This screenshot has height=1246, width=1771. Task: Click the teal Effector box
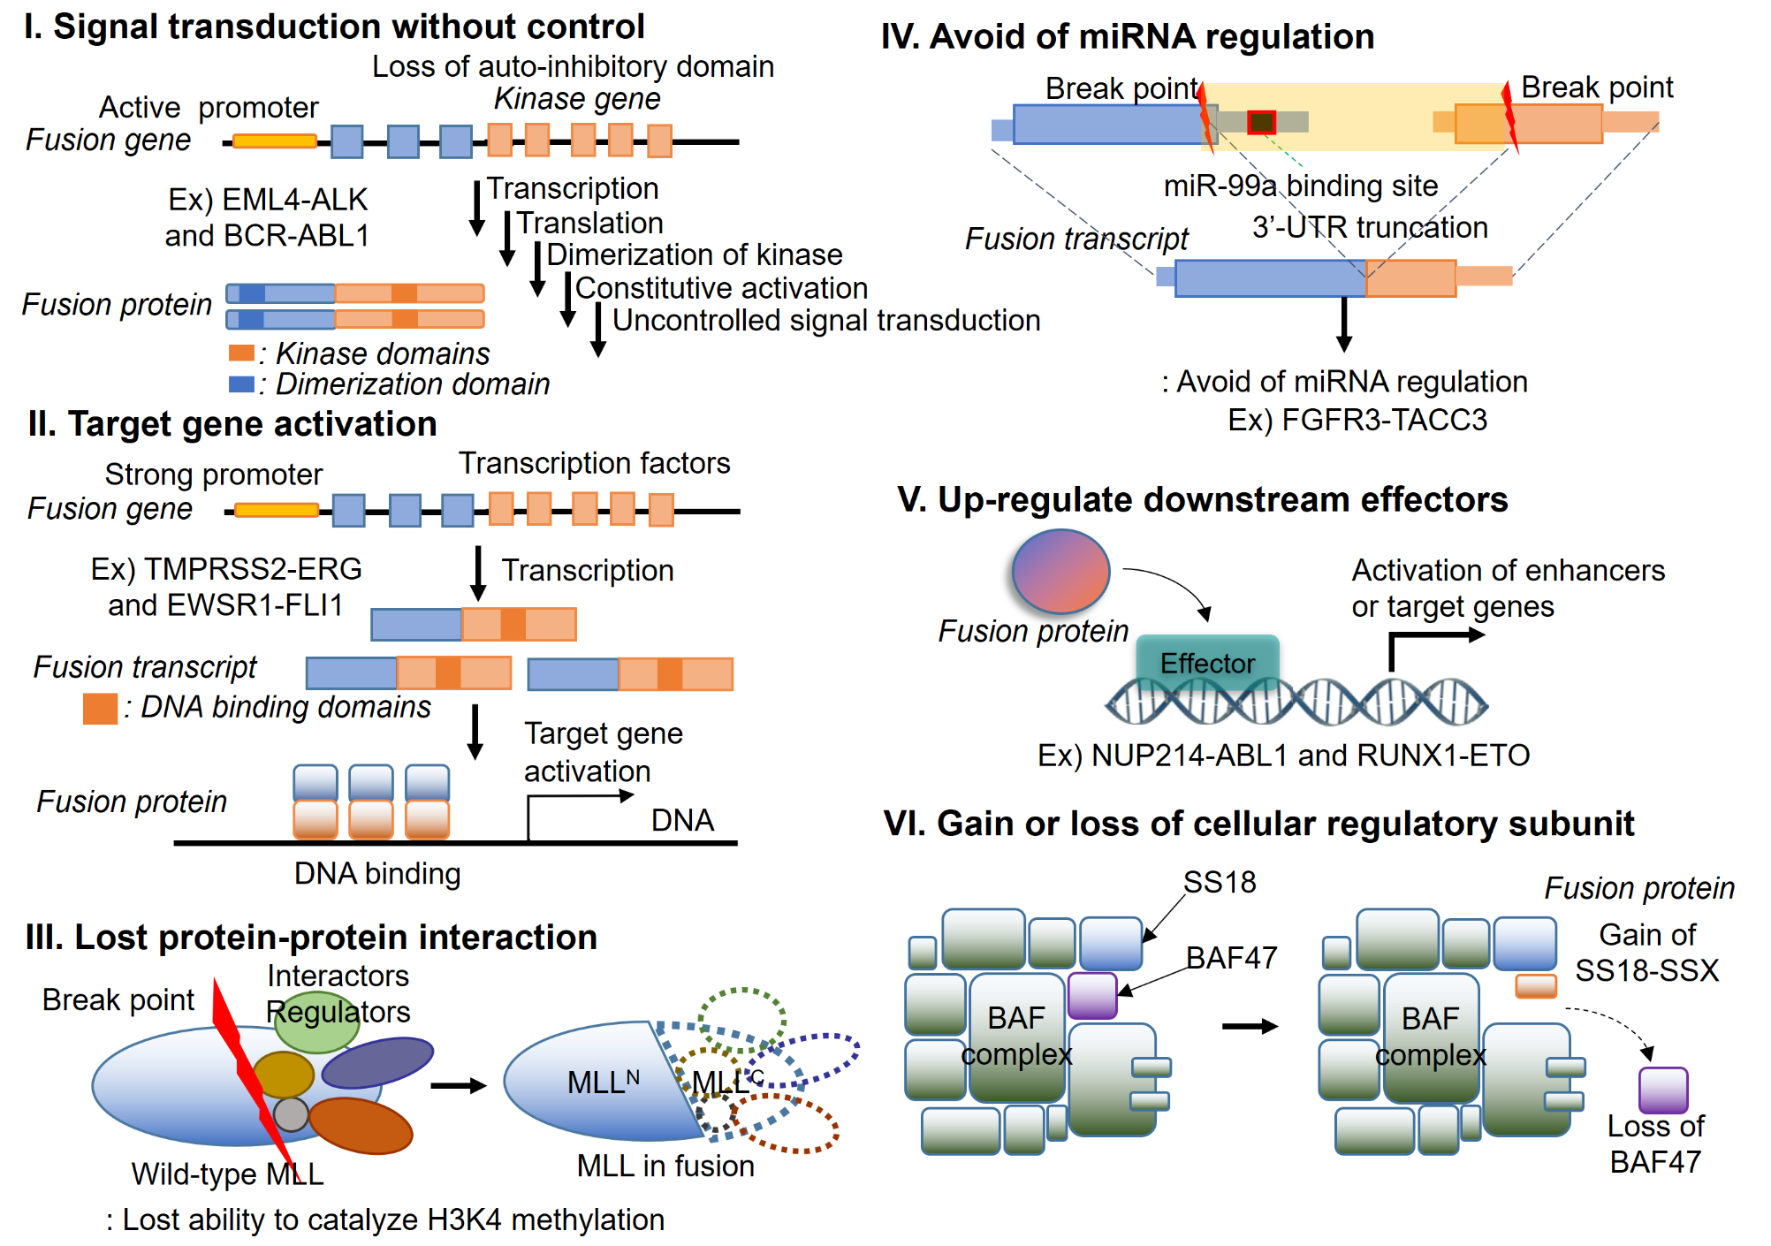click(x=1207, y=662)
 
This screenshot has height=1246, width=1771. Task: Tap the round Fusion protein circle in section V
click(x=1060, y=571)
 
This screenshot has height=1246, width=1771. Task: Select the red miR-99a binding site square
click(x=1261, y=122)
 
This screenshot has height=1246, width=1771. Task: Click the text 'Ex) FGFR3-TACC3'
click(x=1357, y=420)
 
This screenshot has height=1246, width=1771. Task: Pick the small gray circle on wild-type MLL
click(x=291, y=1114)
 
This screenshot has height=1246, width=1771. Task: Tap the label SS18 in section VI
click(x=1220, y=882)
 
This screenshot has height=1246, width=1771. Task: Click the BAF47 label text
click(x=1231, y=957)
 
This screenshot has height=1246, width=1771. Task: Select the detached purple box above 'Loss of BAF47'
click(x=1663, y=1090)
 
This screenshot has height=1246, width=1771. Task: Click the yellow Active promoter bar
click(x=275, y=141)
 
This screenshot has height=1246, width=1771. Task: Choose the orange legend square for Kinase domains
click(x=240, y=353)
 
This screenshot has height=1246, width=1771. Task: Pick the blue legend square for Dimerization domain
click(x=240, y=384)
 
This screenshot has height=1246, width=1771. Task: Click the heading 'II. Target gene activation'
click(x=232, y=424)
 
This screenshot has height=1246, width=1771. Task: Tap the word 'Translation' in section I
click(x=589, y=223)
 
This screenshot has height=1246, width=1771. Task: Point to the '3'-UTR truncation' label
click(x=1370, y=227)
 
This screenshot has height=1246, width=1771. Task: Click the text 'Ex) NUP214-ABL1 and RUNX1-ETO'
click(x=1283, y=756)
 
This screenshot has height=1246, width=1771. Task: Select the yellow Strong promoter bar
click(x=277, y=510)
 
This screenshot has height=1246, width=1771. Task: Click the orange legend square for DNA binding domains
click(x=100, y=709)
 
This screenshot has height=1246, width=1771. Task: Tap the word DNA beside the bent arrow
click(x=682, y=820)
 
